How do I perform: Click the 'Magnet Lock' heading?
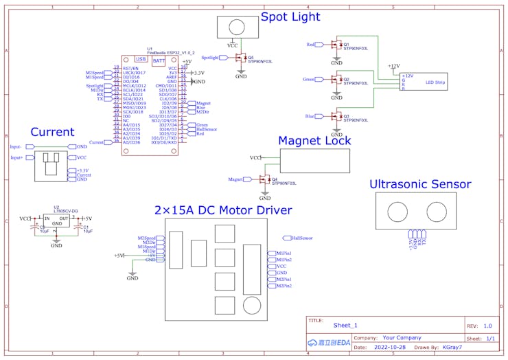(314, 141)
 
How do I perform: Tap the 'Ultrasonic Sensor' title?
(420, 184)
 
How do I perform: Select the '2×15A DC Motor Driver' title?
(223, 210)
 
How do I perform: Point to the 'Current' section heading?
(52, 132)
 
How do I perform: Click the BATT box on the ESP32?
(159, 61)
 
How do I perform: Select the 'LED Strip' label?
(435, 82)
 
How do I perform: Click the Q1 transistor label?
(347, 44)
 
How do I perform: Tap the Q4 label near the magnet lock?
(275, 179)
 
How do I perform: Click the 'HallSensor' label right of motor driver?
(301, 238)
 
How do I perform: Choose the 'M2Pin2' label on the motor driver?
(284, 286)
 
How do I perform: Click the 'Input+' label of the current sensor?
(16, 157)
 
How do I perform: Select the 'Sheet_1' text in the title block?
(345, 325)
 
